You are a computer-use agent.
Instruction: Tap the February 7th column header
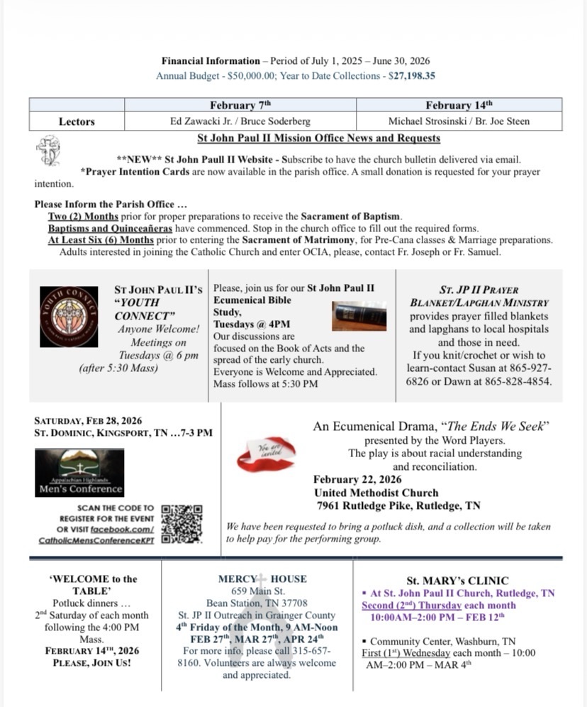(240, 105)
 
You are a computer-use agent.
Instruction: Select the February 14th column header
(459, 105)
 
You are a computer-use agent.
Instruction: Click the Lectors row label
(77, 121)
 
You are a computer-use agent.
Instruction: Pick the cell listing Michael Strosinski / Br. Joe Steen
(459, 121)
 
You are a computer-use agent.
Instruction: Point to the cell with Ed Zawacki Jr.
(240, 121)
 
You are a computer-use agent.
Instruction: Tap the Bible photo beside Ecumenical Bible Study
(360, 314)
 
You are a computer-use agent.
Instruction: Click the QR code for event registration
(181, 524)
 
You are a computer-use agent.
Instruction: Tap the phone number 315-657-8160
(258, 657)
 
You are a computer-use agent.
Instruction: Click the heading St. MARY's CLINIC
(457, 581)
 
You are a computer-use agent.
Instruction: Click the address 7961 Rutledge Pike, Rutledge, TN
(398, 506)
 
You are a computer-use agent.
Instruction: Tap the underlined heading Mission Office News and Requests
(318, 138)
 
